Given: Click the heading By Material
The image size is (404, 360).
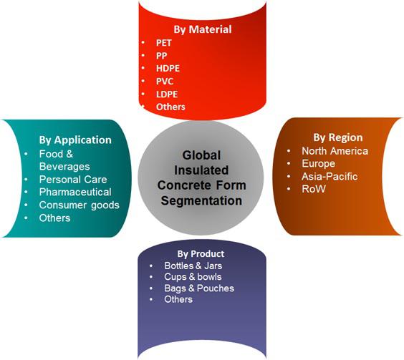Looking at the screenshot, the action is (x=203, y=29).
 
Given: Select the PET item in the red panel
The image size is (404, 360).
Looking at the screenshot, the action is (x=164, y=43).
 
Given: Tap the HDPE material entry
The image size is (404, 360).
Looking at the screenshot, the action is (x=168, y=68).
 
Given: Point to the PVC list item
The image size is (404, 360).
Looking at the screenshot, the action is (x=165, y=81).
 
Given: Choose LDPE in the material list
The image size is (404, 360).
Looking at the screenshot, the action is (x=167, y=94).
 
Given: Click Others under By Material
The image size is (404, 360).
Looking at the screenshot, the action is (x=170, y=107).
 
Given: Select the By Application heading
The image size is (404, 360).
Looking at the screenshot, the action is (x=75, y=140).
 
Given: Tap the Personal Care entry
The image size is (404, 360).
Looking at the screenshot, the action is (x=73, y=180).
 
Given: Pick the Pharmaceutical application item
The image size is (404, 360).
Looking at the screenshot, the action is (x=75, y=192).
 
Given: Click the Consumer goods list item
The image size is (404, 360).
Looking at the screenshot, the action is (x=80, y=205).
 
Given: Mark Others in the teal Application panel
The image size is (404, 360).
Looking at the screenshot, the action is (x=54, y=218).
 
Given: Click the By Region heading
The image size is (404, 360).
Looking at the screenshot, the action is (x=338, y=137).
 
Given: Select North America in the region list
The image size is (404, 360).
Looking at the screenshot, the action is (x=335, y=151).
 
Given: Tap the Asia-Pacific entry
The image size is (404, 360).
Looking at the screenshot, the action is (x=330, y=176).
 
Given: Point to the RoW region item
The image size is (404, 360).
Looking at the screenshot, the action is (x=314, y=189).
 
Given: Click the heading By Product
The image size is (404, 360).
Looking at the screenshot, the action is (x=201, y=254).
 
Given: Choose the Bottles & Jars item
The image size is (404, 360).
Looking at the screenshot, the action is (x=193, y=266).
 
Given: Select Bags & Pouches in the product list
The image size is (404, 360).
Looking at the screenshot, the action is (x=199, y=288).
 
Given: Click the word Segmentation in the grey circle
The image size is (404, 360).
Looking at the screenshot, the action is (x=201, y=201).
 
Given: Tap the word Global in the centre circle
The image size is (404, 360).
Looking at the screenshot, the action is (x=201, y=155).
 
